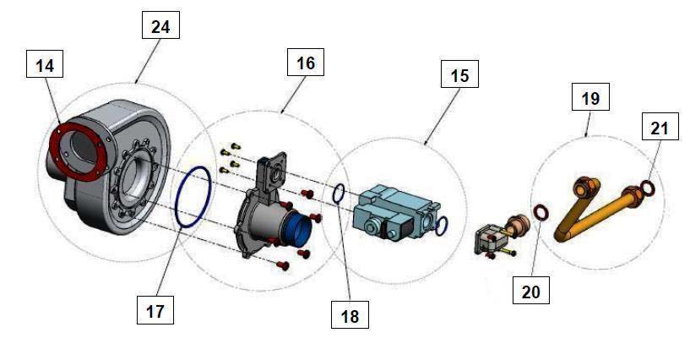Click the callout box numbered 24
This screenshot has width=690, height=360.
[x=160, y=27]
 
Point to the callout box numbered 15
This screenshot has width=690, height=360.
[x=459, y=75]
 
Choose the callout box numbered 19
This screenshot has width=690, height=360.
[x=590, y=98]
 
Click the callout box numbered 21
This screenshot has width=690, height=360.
[x=660, y=128]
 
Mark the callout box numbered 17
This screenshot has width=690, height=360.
[x=155, y=310]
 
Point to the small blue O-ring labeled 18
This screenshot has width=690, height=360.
[x=338, y=194]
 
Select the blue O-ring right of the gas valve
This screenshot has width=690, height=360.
[x=441, y=226]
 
